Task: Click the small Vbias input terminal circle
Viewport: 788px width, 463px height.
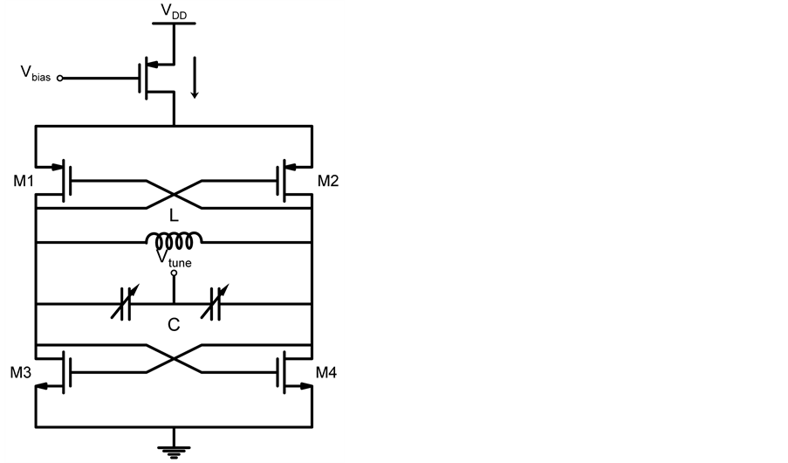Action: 60,78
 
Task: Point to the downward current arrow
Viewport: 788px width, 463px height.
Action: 194,82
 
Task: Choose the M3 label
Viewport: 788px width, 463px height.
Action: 21,373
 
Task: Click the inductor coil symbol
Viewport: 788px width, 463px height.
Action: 175,238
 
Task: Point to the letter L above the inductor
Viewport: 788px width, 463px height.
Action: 175,215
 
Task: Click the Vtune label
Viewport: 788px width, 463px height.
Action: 174,259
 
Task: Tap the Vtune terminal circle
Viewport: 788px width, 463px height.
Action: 174,273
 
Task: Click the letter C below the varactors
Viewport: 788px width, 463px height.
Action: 174,325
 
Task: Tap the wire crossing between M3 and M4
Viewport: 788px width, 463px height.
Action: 174,359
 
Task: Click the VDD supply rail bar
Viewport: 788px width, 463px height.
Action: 174,24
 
